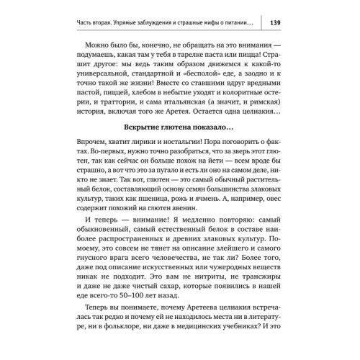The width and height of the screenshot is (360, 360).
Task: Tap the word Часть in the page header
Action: pos(91,22)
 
